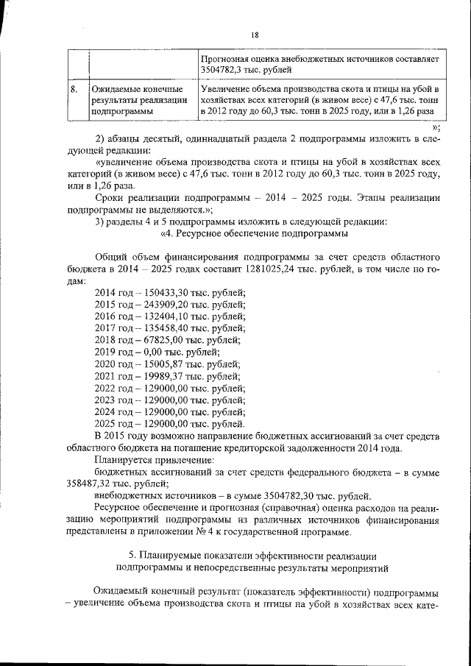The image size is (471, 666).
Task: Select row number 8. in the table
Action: [x=74, y=89]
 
